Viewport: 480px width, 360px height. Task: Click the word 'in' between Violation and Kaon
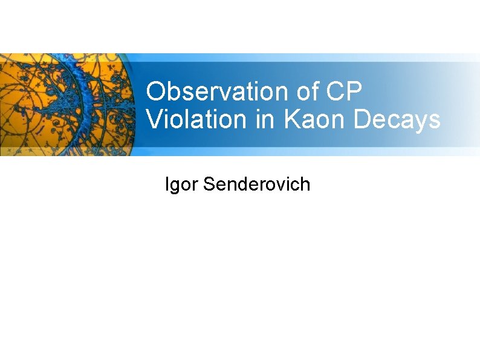point(263,119)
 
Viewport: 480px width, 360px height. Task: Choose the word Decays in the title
point(397,119)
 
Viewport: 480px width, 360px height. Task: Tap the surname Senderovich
point(257,184)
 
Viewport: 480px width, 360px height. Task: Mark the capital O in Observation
point(156,92)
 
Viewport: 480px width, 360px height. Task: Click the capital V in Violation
point(154,119)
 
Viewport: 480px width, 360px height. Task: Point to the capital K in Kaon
point(291,119)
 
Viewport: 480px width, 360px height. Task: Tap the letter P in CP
point(355,92)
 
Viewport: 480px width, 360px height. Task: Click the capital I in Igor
point(167,184)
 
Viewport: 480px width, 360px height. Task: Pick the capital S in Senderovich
point(210,184)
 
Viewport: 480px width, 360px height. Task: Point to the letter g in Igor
point(176,186)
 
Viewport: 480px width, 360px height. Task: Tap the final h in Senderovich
point(305,184)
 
